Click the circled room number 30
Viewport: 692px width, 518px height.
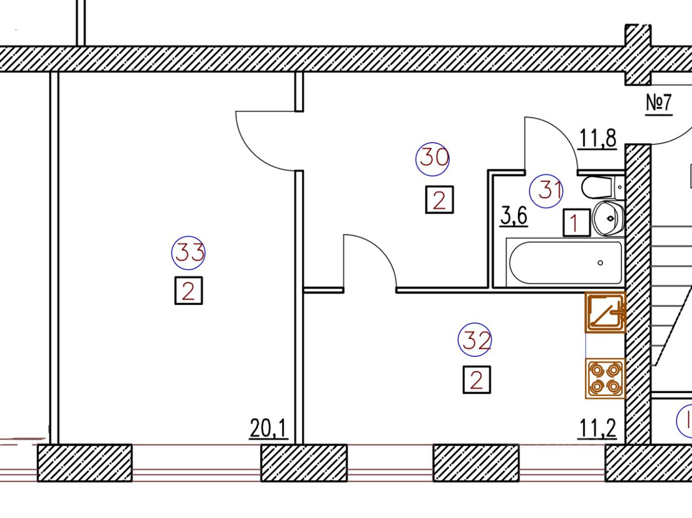(432, 159)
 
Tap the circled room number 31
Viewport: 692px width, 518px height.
(546, 191)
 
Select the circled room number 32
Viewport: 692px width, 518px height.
(475, 340)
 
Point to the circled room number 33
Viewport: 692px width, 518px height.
(188, 253)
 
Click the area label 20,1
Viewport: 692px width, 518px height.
(269, 429)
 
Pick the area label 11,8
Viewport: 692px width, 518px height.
(597, 138)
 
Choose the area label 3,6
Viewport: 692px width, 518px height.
(514, 216)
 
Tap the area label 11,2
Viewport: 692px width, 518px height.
(597, 429)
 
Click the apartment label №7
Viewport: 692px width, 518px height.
(658, 103)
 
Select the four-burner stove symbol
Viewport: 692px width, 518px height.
(605, 378)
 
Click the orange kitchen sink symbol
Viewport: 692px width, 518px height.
(605, 312)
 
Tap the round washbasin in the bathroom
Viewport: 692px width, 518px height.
(608, 218)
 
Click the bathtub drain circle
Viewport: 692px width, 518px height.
(600, 263)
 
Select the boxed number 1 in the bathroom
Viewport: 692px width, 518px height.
(577, 223)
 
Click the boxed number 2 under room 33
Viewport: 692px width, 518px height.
(189, 291)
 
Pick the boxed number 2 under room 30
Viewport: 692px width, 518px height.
(440, 200)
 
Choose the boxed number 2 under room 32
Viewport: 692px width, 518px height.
(477, 380)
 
